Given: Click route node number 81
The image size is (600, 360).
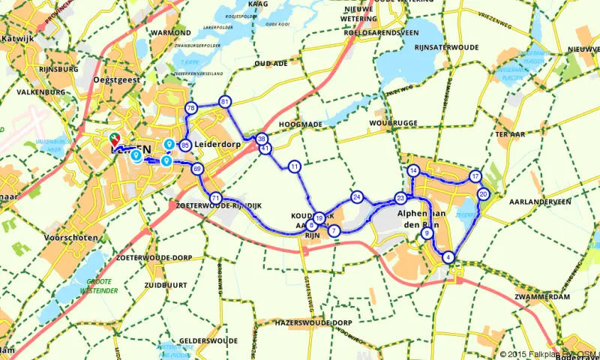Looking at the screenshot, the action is click(225, 101).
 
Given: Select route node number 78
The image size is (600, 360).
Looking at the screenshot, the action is click(190, 108).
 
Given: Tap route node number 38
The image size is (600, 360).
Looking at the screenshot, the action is click(262, 139).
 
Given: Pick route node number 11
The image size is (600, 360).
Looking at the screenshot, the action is click(295, 166).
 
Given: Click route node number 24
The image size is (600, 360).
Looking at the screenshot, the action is click(357, 197).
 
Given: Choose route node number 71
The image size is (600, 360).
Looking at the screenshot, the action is click(215, 199).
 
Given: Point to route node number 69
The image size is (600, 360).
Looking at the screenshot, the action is click(197, 169).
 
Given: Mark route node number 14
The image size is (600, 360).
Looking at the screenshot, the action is click(413, 171).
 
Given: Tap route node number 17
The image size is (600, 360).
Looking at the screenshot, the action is click(475, 176).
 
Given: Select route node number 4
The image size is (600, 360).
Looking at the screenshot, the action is click(448, 258).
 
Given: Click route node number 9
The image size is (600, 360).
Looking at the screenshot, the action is click(427, 234).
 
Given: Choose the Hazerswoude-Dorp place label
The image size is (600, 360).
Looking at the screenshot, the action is click(303, 322).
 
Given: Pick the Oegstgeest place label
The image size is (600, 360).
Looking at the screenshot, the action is click(115, 82).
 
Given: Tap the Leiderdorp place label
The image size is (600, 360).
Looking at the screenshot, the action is click(215, 145).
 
